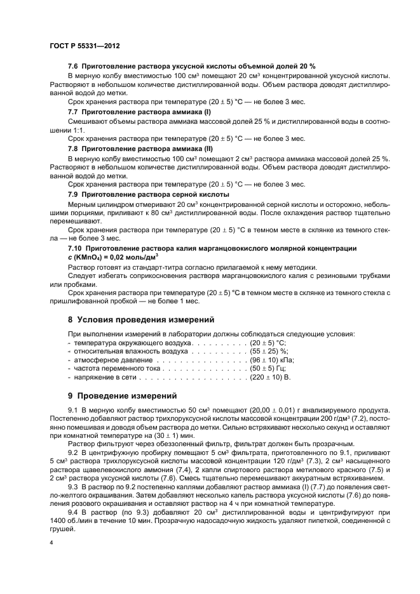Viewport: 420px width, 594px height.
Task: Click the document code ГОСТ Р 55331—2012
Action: (x=85, y=46)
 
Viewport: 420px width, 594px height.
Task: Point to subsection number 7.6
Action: (x=74, y=67)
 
